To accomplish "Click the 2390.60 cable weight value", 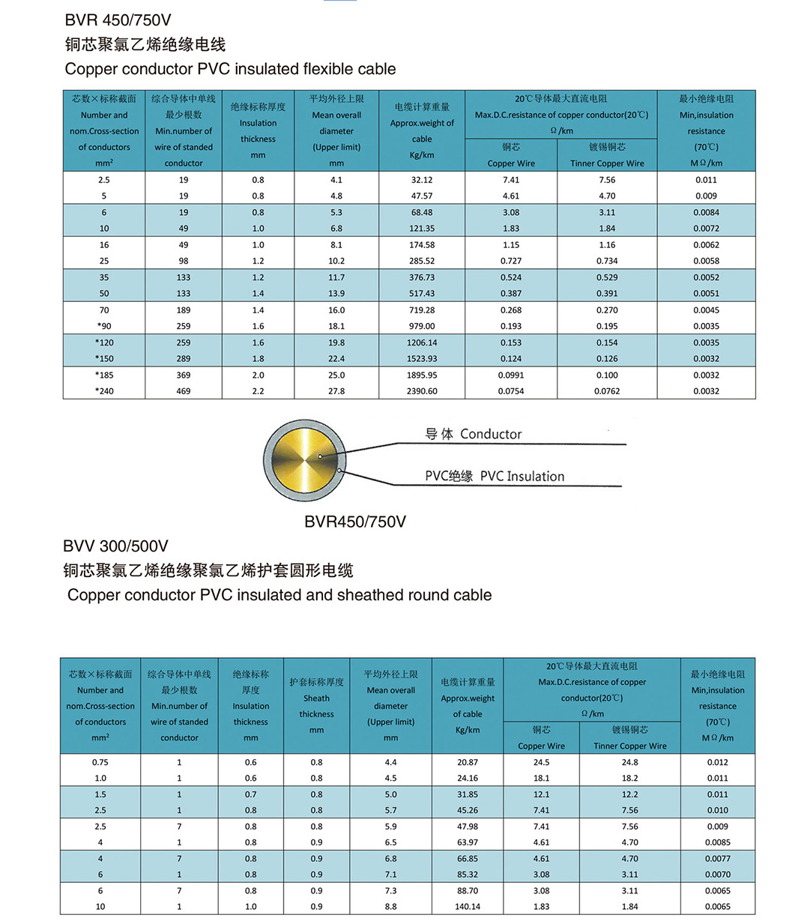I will click(422, 391).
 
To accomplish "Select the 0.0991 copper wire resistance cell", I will click(511, 375).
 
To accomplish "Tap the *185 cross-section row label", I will click(104, 375).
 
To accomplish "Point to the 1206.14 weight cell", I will click(422, 342).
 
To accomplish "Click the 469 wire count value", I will click(184, 391).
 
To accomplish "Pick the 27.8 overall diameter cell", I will click(336, 391).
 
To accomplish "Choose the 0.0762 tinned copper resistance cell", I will click(607, 391).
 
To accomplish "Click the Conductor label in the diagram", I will click(491, 434).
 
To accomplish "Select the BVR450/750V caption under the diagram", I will click(354, 522).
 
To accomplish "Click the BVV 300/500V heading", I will click(115, 546).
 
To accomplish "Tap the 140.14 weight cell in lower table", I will click(468, 907).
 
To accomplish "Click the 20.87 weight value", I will click(468, 762).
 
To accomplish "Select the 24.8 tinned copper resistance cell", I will click(629, 762).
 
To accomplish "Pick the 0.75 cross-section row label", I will click(100, 762).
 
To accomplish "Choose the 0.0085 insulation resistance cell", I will click(717, 842).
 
